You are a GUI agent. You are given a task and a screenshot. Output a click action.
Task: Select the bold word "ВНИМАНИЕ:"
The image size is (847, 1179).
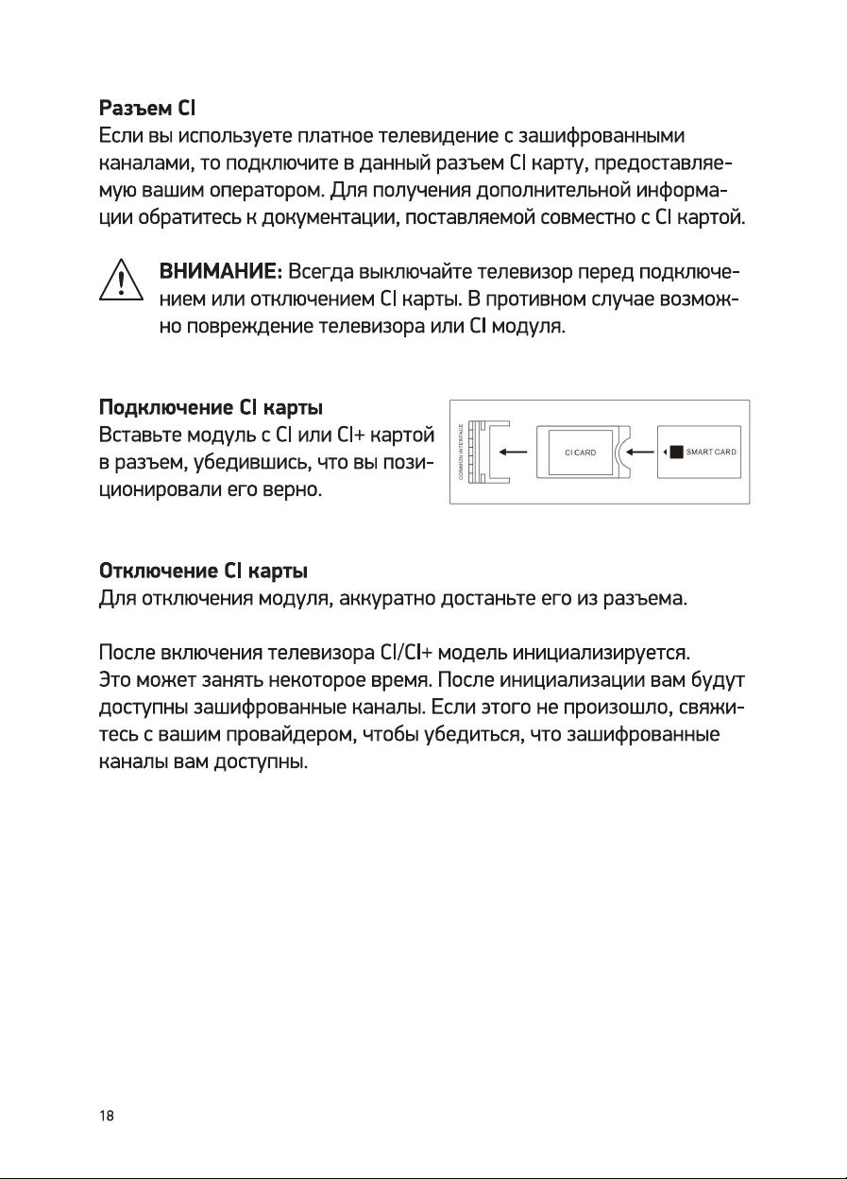click(222, 274)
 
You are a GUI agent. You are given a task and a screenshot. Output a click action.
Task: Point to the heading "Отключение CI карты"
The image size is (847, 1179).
click(204, 572)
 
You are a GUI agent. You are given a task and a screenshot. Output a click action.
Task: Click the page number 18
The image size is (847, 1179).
click(107, 1116)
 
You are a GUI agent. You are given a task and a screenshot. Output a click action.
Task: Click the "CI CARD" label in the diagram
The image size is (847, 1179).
click(580, 453)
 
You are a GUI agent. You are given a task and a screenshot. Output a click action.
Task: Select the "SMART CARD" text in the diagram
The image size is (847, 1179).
click(711, 452)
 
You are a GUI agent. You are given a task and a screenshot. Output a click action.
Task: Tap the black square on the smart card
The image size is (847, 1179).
click(676, 452)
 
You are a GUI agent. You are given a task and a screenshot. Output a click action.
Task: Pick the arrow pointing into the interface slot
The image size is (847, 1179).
click(514, 452)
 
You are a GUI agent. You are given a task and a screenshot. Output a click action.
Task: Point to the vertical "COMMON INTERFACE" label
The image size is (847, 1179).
click(461, 452)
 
